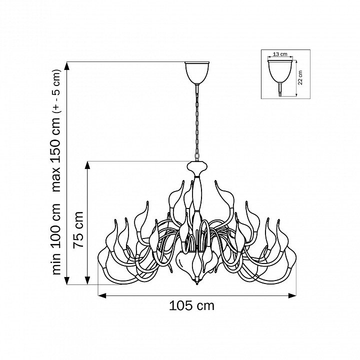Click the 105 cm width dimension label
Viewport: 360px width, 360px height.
(x=191, y=306)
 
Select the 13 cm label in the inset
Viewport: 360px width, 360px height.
(x=280, y=54)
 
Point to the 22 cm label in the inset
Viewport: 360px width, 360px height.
(x=300, y=77)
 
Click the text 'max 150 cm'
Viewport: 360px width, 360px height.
(x=56, y=155)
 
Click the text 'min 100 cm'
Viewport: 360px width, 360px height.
(x=56, y=239)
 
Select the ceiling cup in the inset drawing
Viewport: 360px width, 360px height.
(x=280, y=71)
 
